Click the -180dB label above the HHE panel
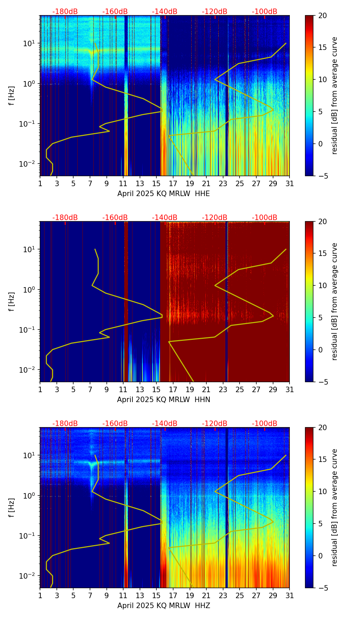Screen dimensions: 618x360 tap(65, 12)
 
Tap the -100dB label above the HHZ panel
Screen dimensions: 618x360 tap(265, 424)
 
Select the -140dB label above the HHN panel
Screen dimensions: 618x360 tap(165, 218)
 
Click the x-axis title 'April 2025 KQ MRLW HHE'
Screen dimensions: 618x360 tap(164, 194)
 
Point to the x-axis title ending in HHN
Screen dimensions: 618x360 tap(164, 400)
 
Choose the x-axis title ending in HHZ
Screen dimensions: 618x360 tap(164, 606)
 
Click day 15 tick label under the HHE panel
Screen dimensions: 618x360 tap(156, 184)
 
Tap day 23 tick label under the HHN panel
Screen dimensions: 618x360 tap(223, 390)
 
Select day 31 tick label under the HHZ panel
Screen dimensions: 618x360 tap(290, 596)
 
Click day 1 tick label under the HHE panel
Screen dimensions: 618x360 tap(40, 184)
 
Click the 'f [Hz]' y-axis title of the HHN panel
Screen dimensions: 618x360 tap(12, 301)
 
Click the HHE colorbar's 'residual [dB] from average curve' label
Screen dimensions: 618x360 tap(335, 95)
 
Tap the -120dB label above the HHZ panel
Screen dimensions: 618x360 tap(215, 424)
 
